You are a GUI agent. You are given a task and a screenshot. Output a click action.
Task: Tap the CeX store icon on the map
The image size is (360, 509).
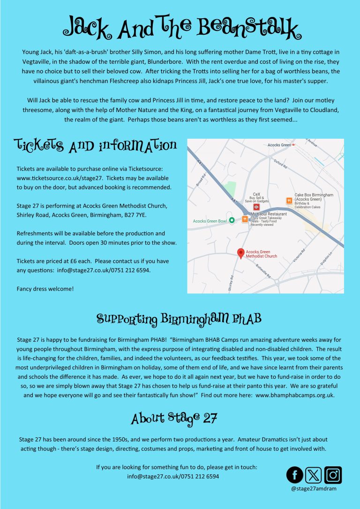[x=256, y=207]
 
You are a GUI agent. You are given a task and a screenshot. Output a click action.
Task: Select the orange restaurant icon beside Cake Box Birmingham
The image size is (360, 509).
[x=289, y=201]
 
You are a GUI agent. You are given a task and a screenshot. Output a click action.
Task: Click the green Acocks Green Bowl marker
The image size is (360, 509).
[x=232, y=220]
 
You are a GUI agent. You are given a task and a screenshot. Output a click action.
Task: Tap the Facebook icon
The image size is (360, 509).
[x=295, y=475]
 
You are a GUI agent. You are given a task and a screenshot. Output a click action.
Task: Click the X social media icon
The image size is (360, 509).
[x=314, y=475]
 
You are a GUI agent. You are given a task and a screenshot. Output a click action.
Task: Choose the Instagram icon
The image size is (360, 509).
[x=333, y=475]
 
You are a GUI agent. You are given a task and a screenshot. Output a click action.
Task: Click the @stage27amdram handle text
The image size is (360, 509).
[x=314, y=488]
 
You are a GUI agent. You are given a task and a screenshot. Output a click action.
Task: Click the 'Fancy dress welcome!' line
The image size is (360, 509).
[x=45, y=288]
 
